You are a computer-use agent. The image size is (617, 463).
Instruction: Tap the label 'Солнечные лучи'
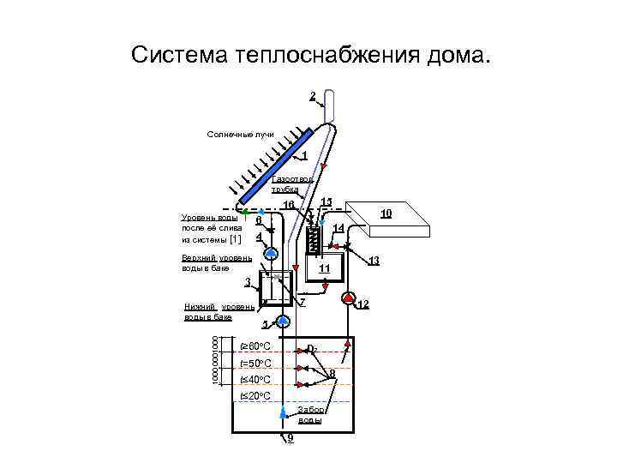[x=240, y=135]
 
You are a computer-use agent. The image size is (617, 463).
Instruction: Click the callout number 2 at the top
[x=312, y=94]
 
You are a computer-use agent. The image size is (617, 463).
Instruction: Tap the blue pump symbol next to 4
[x=271, y=254]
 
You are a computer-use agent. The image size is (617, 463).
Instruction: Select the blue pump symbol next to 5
[x=284, y=321]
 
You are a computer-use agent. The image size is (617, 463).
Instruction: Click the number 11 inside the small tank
[x=324, y=268]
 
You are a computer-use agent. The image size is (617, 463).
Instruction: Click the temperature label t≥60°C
[x=255, y=346]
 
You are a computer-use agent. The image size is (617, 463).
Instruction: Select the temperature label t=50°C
[x=255, y=364]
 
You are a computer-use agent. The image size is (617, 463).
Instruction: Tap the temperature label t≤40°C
[x=255, y=380]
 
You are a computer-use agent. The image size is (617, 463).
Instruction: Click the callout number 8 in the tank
[x=332, y=373]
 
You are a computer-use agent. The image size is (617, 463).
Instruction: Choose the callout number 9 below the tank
[x=291, y=438]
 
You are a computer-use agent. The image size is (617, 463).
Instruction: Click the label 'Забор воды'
[x=310, y=415]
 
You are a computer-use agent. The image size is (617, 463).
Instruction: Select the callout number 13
[x=374, y=260]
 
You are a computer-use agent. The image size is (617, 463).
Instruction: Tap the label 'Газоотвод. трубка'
[x=285, y=183]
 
